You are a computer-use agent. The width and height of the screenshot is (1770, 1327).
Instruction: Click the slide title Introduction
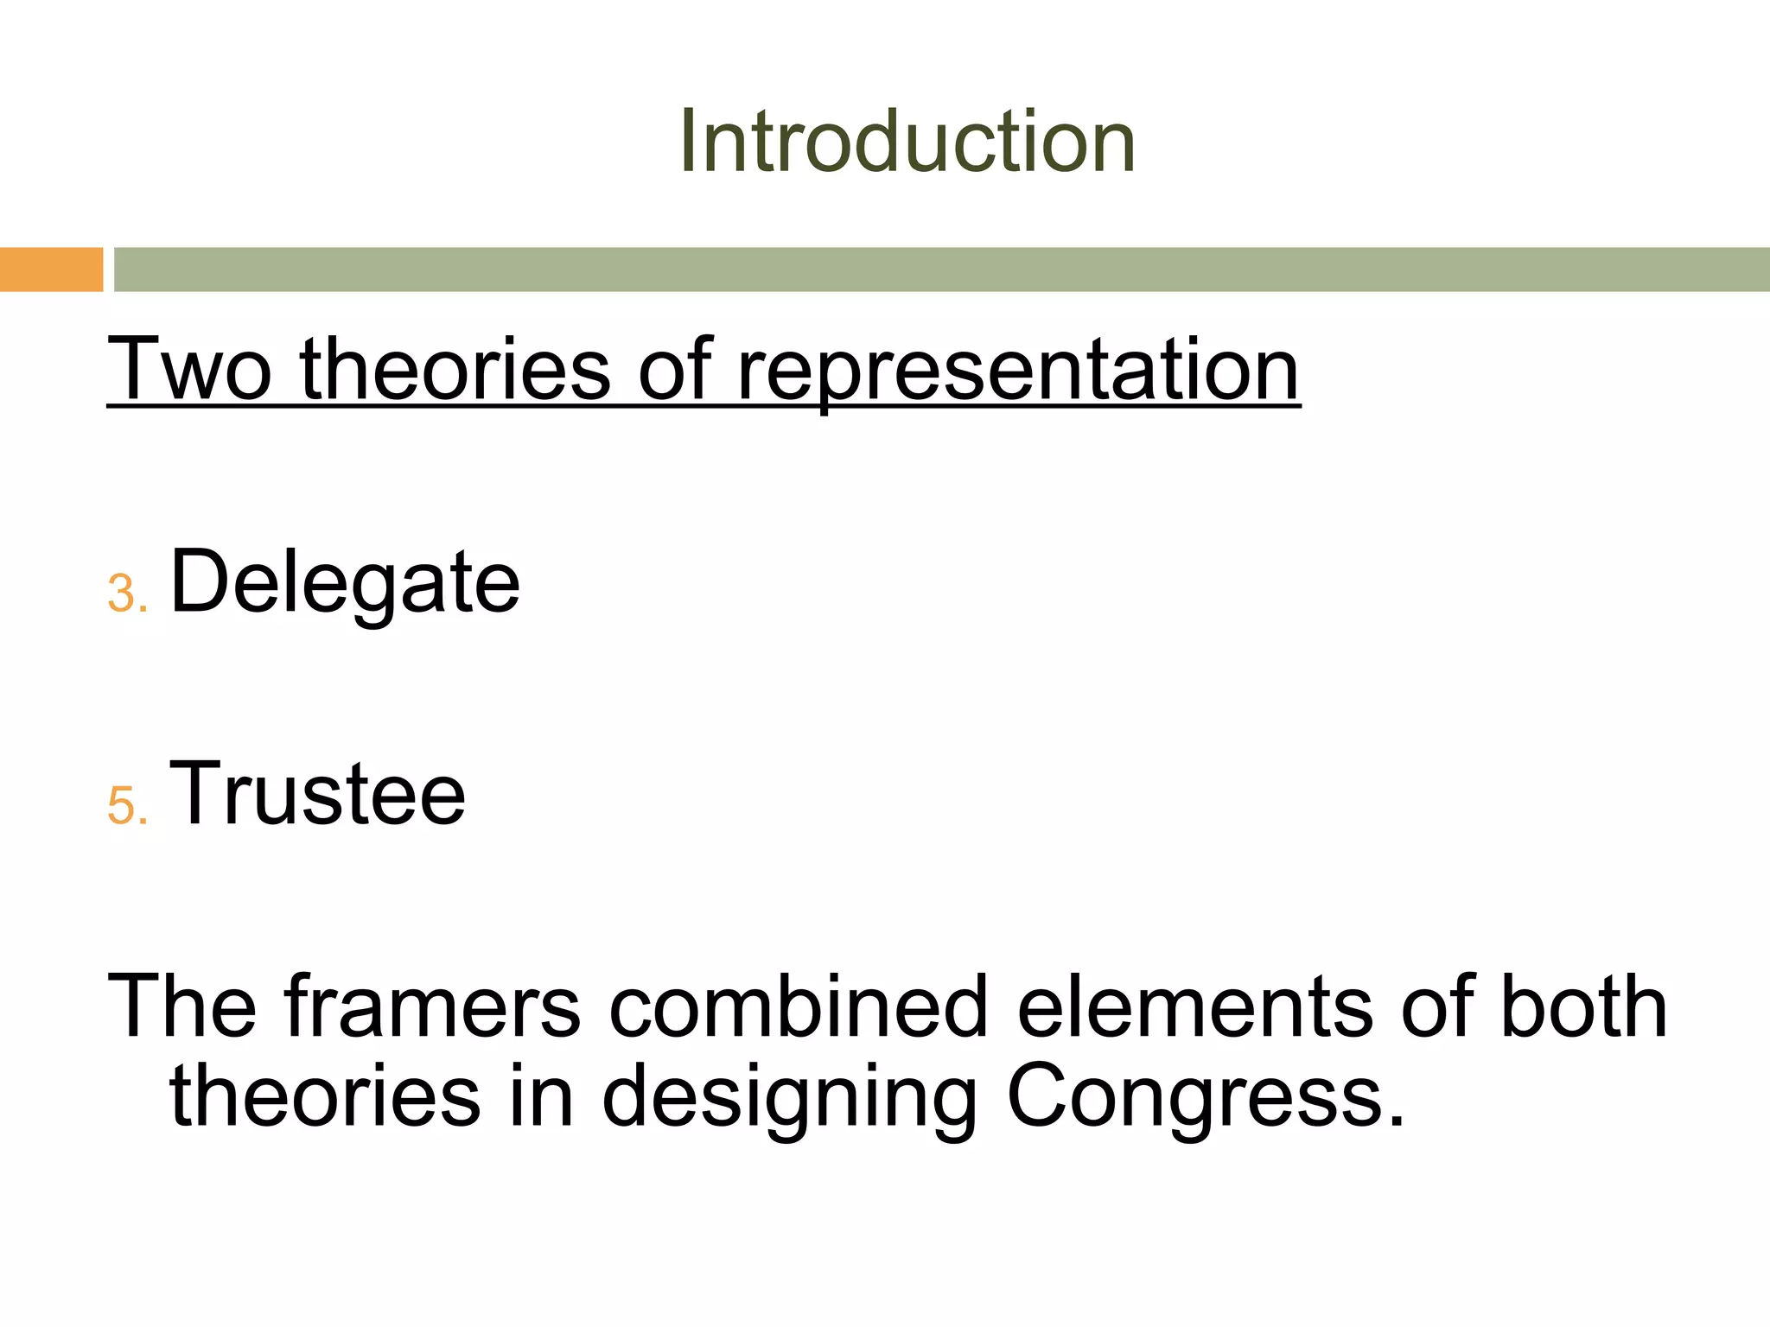tap(907, 142)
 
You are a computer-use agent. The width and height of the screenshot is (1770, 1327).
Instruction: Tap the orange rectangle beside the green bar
tap(51, 270)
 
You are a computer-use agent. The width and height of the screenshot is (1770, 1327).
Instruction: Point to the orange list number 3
tap(126, 594)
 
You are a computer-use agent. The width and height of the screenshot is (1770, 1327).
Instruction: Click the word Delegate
tap(345, 583)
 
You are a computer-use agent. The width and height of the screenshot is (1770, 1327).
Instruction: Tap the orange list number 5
tap(126, 806)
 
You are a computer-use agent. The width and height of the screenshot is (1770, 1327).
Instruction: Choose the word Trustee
tap(317, 794)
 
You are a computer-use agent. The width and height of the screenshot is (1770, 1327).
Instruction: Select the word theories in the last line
tap(325, 1095)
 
